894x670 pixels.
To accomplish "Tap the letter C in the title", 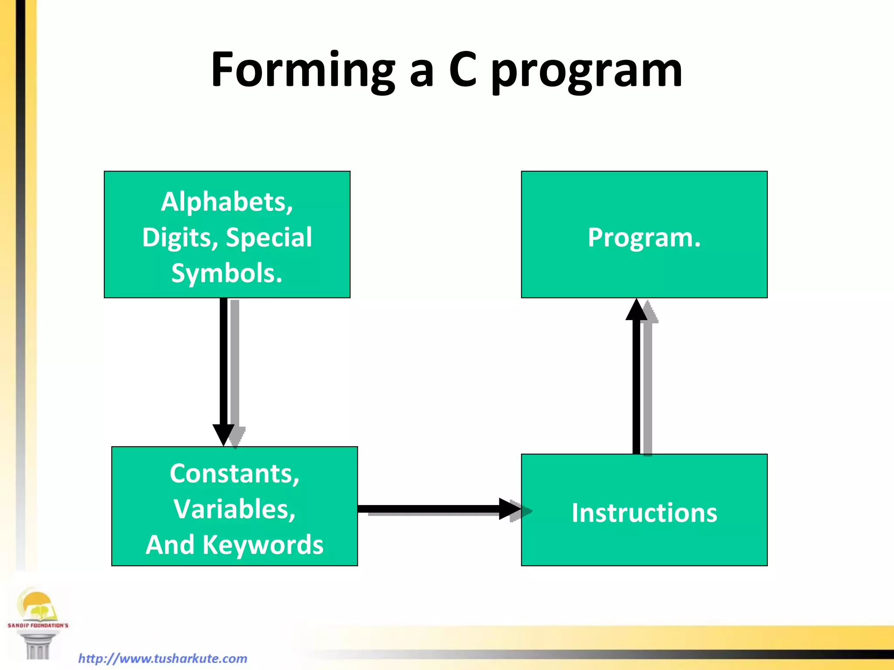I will (463, 70).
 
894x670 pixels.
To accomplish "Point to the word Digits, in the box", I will (180, 238).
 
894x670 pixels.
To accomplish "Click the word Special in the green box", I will (269, 237).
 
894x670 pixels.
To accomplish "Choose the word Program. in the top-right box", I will (644, 238).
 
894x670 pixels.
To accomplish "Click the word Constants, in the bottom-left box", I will (234, 474).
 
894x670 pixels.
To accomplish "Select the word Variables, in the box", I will (234, 509).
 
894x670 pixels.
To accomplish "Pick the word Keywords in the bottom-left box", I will (263, 545).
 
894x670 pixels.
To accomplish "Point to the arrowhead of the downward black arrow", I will (223, 434).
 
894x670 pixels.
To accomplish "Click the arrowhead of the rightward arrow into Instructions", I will (509, 509).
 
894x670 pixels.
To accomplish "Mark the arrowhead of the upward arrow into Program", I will (636, 311).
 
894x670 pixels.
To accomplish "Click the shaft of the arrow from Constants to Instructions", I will (428, 509).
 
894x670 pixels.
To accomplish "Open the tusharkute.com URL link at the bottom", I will (162, 658).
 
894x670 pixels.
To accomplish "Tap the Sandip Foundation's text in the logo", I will (38, 625).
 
